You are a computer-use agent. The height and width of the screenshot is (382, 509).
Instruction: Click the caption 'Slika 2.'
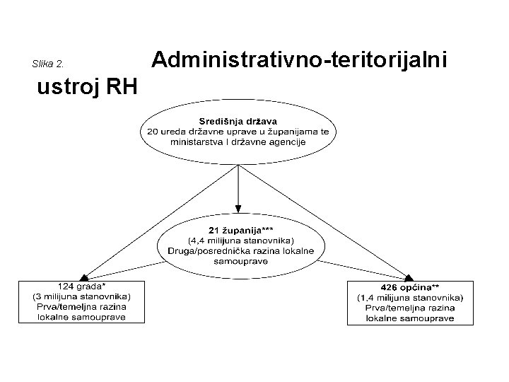click(x=49, y=64)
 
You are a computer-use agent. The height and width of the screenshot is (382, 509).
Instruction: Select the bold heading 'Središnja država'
click(x=238, y=122)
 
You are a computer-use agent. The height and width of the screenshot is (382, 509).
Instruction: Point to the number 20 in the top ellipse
click(x=153, y=132)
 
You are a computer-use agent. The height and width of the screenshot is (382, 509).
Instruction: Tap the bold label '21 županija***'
click(x=240, y=231)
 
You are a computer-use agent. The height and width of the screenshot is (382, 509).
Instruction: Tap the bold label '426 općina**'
click(x=411, y=287)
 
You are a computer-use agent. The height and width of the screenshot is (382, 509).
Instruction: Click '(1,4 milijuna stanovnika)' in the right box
click(x=410, y=298)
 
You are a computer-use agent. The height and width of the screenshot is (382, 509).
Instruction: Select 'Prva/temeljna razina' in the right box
click(x=410, y=308)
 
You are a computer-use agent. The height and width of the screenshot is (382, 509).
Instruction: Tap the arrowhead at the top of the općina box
click(x=409, y=277)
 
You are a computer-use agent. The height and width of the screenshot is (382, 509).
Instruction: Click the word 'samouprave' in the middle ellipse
click(x=240, y=260)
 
